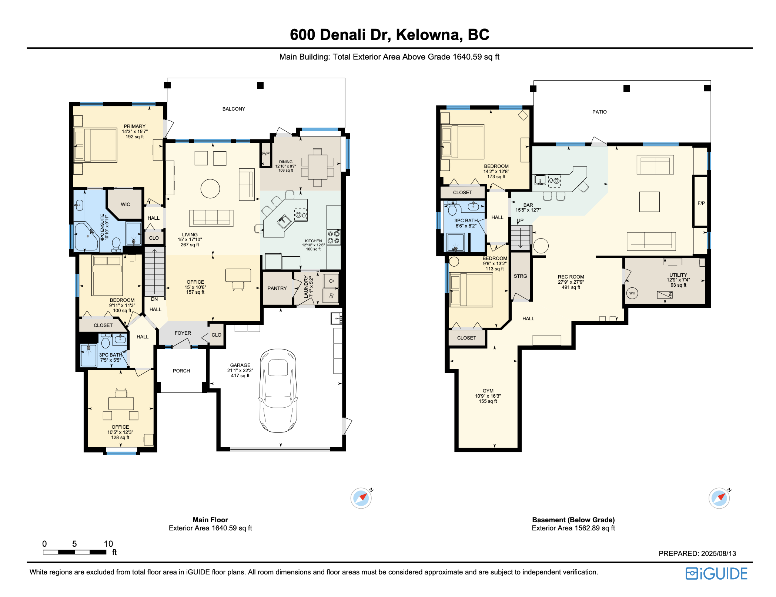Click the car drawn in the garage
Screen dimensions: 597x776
[x=278, y=391]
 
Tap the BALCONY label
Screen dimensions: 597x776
[x=234, y=109]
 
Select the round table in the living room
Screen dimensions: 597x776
[x=210, y=189]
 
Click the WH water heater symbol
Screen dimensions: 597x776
[x=632, y=293]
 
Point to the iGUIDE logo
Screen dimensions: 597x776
[x=716, y=574]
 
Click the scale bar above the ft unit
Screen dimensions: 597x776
[x=74, y=552]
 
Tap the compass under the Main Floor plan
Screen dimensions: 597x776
[x=361, y=498]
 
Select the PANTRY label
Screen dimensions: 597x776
[x=277, y=288]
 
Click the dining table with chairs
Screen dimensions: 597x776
[x=317, y=167]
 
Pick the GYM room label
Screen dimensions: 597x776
[x=488, y=391]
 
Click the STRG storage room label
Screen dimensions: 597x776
[x=520, y=276]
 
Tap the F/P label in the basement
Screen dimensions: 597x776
[x=701, y=203]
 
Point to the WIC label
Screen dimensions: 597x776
[x=125, y=204]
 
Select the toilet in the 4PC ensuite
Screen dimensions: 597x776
[x=116, y=244]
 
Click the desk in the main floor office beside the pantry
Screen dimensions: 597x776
[x=238, y=276]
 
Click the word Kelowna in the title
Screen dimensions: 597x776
[x=429, y=35]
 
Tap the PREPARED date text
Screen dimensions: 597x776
[x=697, y=553]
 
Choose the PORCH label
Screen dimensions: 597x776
[x=181, y=371]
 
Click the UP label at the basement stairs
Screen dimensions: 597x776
[x=520, y=221]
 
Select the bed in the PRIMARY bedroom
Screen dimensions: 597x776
[x=96, y=145]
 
